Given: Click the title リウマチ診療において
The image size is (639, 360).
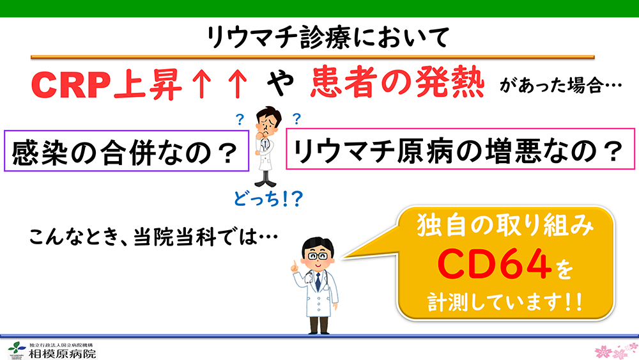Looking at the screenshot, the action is [328, 37].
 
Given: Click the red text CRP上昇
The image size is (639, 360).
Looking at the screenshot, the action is [106, 85].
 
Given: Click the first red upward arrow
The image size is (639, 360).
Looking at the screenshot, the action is [202, 85].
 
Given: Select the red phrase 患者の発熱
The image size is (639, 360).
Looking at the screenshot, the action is [397, 83].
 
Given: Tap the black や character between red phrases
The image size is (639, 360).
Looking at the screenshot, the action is [280, 83].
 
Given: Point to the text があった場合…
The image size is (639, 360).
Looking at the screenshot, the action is [561, 86].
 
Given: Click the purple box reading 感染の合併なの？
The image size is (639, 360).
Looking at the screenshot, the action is [127, 150].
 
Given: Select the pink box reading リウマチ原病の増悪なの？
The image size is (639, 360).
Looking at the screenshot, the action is [461, 149].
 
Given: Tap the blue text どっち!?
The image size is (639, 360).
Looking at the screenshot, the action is [268, 199].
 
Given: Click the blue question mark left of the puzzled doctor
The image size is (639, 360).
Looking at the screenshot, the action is [240, 120].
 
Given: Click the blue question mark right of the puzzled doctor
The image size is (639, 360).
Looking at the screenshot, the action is [296, 119].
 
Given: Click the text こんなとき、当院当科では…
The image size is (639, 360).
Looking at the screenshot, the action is [153, 237].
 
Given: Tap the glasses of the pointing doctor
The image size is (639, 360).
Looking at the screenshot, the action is [318, 256].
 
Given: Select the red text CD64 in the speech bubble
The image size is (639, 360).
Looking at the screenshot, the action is [494, 264].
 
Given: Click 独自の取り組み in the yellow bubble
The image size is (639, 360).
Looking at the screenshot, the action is [505, 226].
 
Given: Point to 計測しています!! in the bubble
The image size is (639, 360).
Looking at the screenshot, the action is [505, 302].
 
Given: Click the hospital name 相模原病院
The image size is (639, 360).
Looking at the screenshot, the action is [62, 353].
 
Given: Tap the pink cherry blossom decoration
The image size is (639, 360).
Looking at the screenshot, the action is [616, 350].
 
